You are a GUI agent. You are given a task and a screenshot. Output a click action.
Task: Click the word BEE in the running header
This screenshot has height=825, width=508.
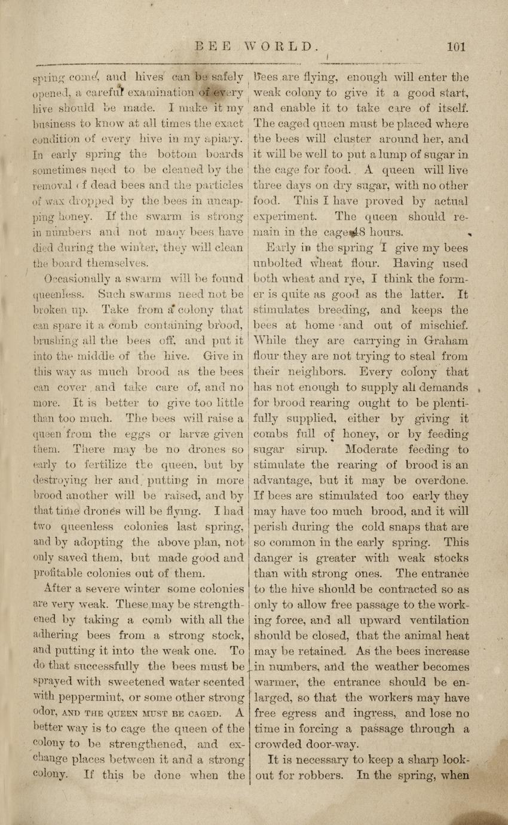213,46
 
